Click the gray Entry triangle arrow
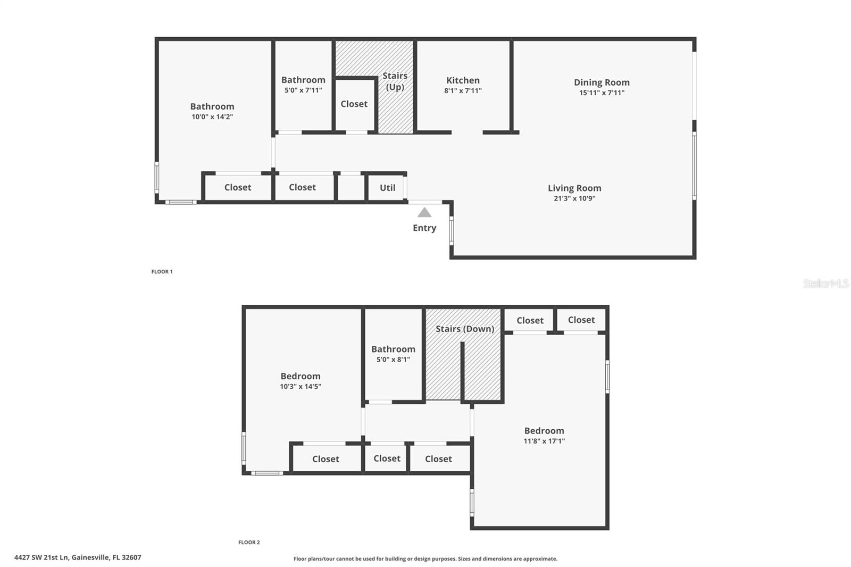pyautogui.click(x=424, y=213)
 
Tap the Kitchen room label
pyautogui.click(x=463, y=80)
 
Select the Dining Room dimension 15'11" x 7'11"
pyautogui.click(x=602, y=93)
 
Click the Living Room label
pyautogui.click(x=574, y=188)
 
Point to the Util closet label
pyautogui.click(x=387, y=188)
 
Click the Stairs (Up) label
pyautogui.click(x=395, y=81)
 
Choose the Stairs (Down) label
pyautogui.click(x=465, y=329)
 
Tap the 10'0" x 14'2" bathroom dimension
pyautogui.click(x=212, y=116)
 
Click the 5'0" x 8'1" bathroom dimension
pyautogui.click(x=393, y=360)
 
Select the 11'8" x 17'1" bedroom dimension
pyautogui.click(x=544, y=441)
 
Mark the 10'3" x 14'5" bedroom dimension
pyautogui.click(x=301, y=387)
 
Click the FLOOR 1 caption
pyautogui.click(x=162, y=272)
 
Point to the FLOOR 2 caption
pyautogui.click(x=249, y=543)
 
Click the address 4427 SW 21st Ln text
pyautogui.click(x=78, y=557)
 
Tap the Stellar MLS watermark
pyautogui.click(x=825, y=283)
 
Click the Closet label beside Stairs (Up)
pyautogui.click(x=354, y=104)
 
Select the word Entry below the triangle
pyautogui.click(x=424, y=228)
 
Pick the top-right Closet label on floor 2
pyautogui.click(x=581, y=320)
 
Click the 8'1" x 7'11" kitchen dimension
pyautogui.click(x=463, y=91)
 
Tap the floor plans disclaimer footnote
pyautogui.click(x=425, y=558)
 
